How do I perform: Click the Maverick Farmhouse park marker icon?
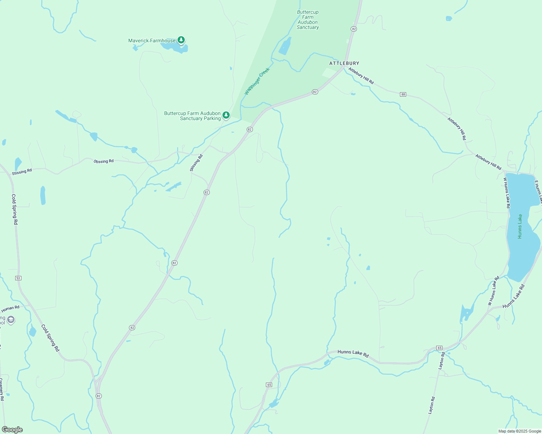point(181,40)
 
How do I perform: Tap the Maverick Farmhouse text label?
point(152,41)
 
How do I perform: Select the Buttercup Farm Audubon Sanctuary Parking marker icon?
point(226,115)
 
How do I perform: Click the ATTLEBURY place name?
point(344,63)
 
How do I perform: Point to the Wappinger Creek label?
point(257,81)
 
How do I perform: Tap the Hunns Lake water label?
point(520,226)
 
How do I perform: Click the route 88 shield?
point(403,94)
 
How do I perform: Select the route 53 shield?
point(18,278)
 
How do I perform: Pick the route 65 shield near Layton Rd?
point(439,348)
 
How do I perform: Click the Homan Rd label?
point(10,309)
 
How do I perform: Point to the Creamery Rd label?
point(2,389)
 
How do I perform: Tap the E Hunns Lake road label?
point(538,192)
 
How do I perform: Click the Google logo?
point(12,430)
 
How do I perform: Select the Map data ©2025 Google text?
point(520,431)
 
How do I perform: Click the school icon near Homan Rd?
point(11,320)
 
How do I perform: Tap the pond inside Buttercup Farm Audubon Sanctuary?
point(285,47)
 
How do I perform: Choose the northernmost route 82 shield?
point(354,29)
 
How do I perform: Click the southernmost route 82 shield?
point(99,396)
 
